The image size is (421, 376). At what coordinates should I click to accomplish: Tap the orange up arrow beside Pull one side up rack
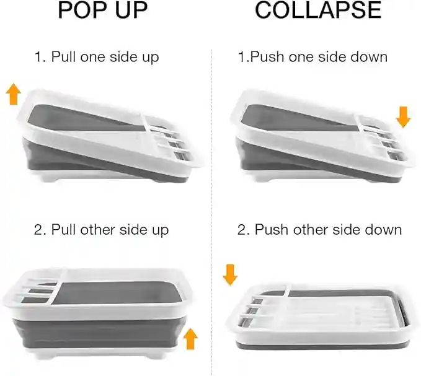(13, 95)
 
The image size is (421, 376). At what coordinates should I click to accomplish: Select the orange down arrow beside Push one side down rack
(403, 116)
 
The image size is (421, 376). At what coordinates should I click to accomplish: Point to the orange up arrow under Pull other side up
(191, 339)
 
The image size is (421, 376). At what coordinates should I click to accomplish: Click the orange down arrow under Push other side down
(230, 274)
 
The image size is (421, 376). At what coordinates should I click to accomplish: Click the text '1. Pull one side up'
(97, 57)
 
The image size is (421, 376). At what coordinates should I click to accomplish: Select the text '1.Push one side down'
(313, 57)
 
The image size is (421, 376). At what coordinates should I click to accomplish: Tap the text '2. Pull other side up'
(101, 230)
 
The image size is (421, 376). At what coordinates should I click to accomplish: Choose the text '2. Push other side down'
(319, 230)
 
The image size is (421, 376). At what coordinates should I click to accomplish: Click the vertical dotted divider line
(211, 186)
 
